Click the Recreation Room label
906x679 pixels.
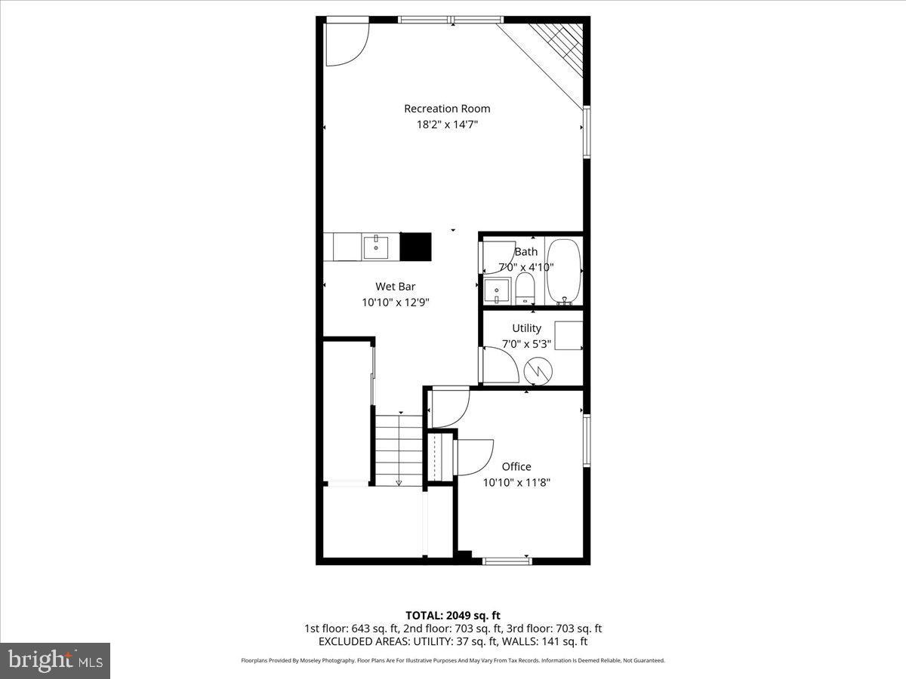447,109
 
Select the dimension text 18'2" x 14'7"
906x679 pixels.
447,125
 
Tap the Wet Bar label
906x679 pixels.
395,286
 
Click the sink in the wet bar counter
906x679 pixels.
375,246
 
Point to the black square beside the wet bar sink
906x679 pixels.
414,246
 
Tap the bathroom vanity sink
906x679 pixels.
498,290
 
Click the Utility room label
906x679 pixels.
526,328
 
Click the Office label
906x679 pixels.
516,466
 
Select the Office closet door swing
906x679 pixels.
473,456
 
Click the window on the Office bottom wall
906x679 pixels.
507,561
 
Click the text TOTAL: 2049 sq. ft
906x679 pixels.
452,615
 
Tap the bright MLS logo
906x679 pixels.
55,661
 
